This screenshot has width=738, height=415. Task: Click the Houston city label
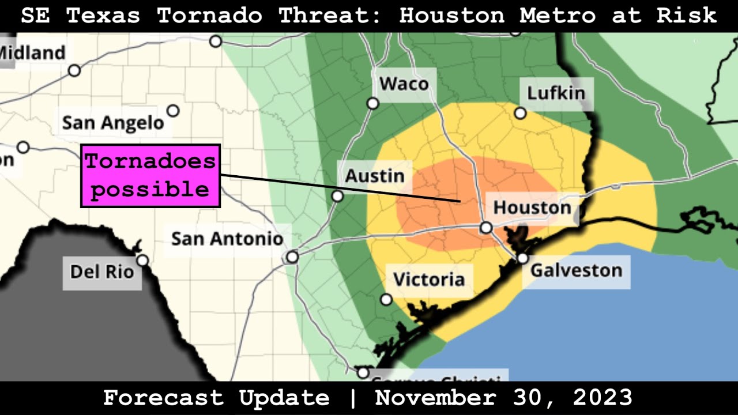(x=532, y=207)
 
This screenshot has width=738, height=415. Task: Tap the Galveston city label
(x=576, y=270)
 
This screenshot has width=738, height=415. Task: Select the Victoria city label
(x=428, y=280)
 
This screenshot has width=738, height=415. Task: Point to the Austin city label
(x=375, y=175)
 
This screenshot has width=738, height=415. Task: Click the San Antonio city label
(x=227, y=238)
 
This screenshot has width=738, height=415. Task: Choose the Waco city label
(x=404, y=84)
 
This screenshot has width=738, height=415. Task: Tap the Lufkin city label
(x=556, y=93)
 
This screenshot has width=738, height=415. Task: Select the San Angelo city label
(x=113, y=123)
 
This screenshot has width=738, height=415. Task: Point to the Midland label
(x=32, y=53)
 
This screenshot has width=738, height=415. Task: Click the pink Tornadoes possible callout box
(x=150, y=176)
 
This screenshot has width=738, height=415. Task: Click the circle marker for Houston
(x=486, y=228)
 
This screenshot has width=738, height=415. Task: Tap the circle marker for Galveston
(x=522, y=258)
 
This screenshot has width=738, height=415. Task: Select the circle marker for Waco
(x=373, y=103)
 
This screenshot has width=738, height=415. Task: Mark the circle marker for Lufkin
(x=520, y=113)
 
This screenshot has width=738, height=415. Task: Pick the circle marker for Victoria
(x=386, y=299)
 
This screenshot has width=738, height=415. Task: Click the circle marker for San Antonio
(x=293, y=256)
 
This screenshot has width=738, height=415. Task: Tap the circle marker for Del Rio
(x=142, y=261)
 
